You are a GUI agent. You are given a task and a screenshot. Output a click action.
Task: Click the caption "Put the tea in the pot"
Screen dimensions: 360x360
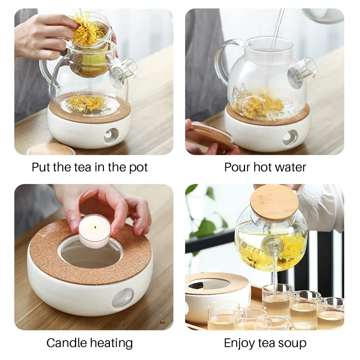coord(90,167)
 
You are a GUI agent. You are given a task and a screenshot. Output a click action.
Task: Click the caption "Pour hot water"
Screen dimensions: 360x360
coord(265,167)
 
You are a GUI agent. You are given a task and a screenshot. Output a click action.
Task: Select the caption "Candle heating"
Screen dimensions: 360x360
coord(89,343)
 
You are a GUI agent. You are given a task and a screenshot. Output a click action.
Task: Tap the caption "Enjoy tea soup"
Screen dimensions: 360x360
coord(265,343)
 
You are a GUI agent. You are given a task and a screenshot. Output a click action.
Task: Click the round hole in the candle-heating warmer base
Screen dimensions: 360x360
coord(123,298)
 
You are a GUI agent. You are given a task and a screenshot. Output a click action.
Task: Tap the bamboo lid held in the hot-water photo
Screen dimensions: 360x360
coord(210,135)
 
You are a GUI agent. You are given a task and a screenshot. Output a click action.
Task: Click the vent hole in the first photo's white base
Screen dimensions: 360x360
coord(111,135)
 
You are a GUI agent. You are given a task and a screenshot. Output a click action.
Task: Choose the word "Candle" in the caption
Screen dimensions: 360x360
coord(67,343)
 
